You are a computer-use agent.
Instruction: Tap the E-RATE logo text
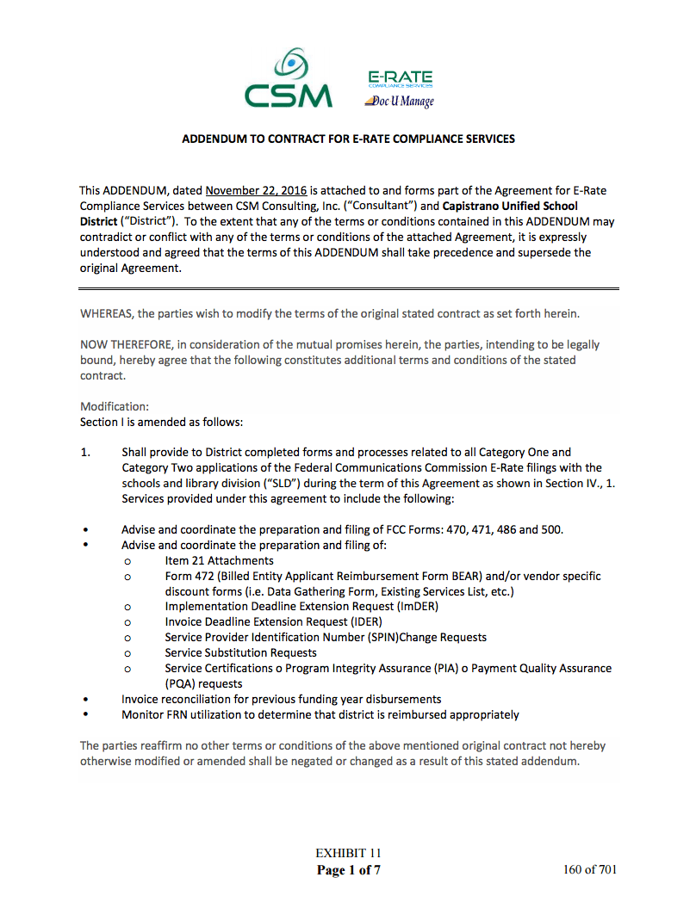pyautogui.click(x=400, y=77)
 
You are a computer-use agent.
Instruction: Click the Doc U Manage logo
pyautogui.click(x=400, y=102)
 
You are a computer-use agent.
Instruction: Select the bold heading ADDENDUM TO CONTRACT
pyautogui.click(x=348, y=139)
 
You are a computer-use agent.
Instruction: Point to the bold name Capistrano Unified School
pyautogui.click(x=510, y=206)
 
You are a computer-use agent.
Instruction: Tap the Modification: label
pyautogui.click(x=114, y=406)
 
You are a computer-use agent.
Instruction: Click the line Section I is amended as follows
pyautogui.click(x=162, y=422)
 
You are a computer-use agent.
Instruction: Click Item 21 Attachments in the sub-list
pyautogui.click(x=219, y=560)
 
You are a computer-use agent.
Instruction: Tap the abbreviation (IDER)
pyautogui.click(x=364, y=621)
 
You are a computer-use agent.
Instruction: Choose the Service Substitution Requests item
pyautogui.click(x=240, y=652)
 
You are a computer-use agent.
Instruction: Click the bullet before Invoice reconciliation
pyautogui.click(x=84, y=700)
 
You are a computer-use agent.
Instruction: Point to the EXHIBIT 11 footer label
pyautogui.click(x=348, y=853)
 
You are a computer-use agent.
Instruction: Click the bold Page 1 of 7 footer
pyautogui.click(x=348, y=869)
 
